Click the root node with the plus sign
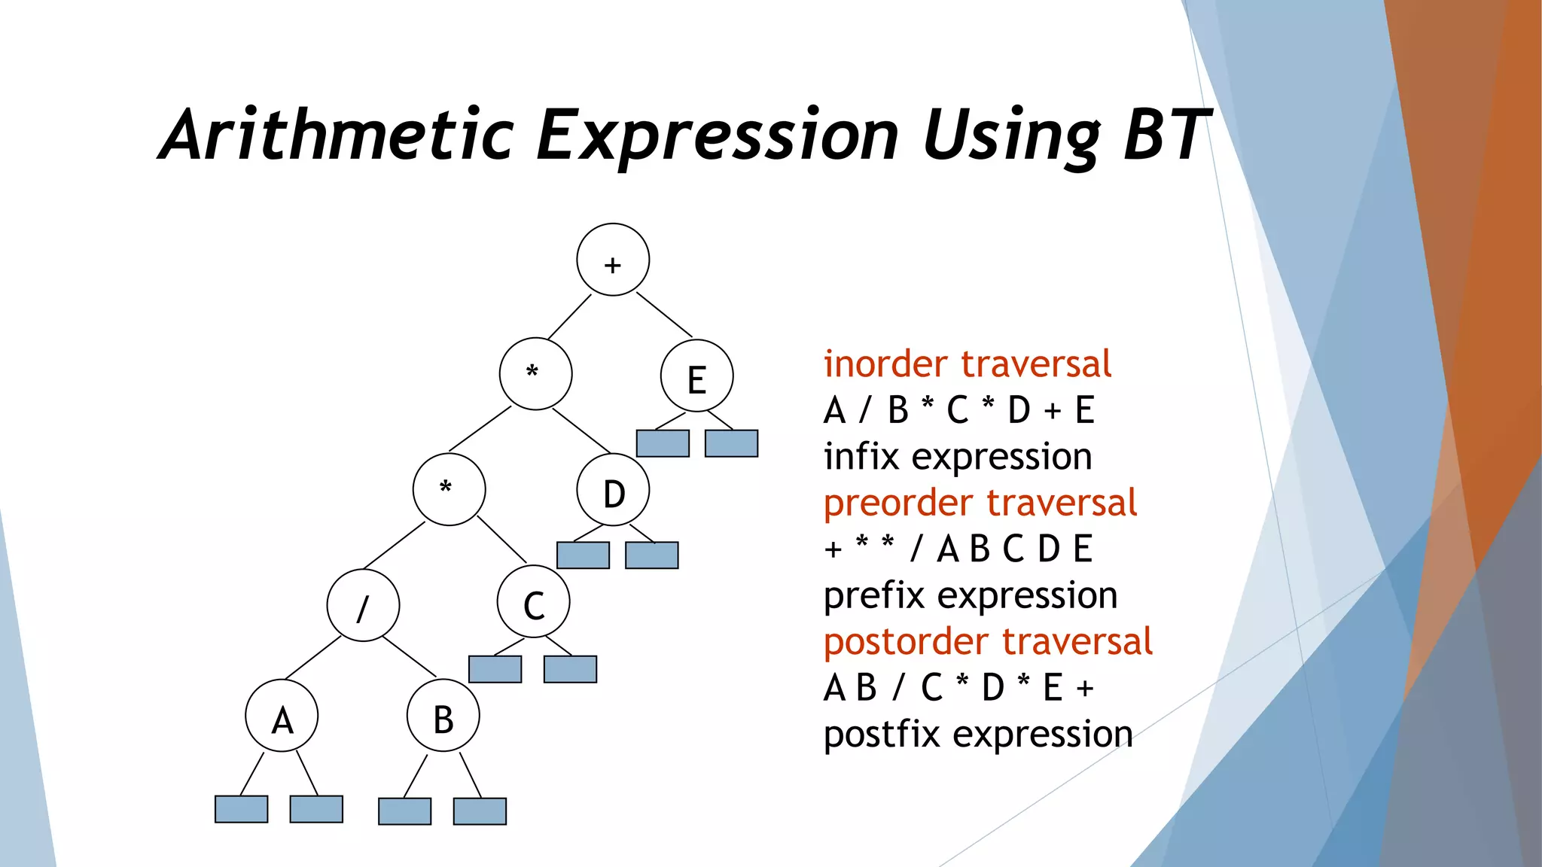tap(613, 260)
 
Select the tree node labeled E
tap(696, 376)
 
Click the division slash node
tap(363, 605)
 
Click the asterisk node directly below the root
tap(535, 374)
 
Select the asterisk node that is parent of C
tap(449, 489)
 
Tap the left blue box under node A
tap(241, 809)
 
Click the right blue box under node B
tap(480, 811)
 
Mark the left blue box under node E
tap(663, 443)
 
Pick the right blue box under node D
tap(652, 555)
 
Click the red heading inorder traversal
tap(967, 364)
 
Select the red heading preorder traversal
tap(980, 503)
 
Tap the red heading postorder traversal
tap(987, 642)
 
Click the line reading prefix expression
tap(970, 595)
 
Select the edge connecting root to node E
tap(664, 315)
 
